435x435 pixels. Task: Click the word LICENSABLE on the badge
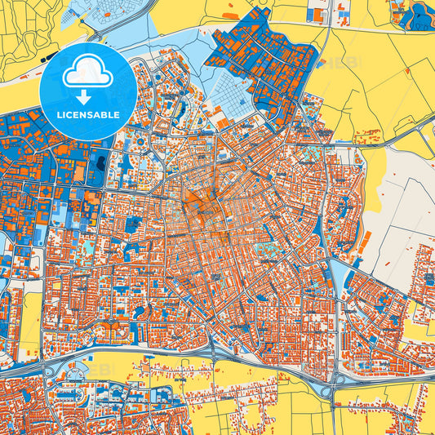[88, 115]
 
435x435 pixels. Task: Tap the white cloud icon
[87, 74]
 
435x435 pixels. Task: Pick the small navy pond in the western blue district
[101, 163]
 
